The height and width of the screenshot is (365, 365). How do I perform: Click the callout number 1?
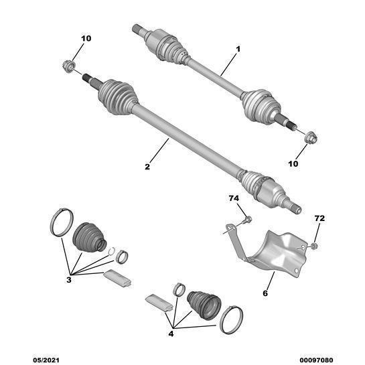point(238,50)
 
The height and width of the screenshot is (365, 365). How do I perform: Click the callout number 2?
point(147,167)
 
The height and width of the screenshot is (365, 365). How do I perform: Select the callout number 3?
point(69,279)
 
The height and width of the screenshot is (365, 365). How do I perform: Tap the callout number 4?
point(171,334)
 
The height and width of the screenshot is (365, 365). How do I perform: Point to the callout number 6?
point(265,293)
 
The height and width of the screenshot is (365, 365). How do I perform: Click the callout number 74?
point(234,198)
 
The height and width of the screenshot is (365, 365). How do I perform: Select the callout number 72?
point(319,218)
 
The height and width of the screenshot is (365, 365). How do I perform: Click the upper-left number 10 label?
point(86,38)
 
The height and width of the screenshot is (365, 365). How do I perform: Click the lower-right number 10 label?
point(293,163)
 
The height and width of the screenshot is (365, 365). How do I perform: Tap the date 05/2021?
point(46,360)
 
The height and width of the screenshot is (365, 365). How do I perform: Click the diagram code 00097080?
point(316,360)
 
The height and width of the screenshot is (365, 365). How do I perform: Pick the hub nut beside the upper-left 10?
point(69,66)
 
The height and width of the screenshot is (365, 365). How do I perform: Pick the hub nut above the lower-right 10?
point(311,138)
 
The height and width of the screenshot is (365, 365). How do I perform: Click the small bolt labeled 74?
point(246,220)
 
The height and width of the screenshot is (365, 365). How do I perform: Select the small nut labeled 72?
point(314,246)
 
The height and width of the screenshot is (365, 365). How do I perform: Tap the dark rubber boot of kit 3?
point(89,238)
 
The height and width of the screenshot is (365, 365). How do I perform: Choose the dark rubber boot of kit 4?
point(204,305)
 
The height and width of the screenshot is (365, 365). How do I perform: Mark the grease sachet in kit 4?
point(159,303)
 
